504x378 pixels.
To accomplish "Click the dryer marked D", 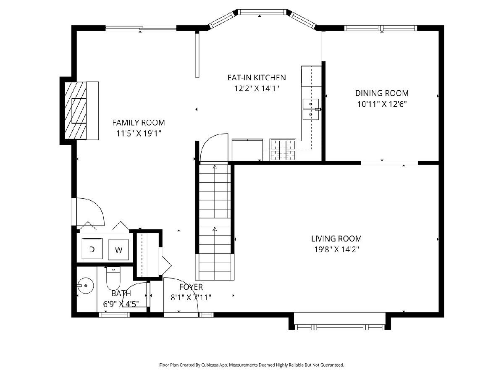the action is (x=92, y=249).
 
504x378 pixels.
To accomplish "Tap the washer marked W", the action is (x=118, y=249).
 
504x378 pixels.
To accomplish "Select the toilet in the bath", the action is (x=113, y=278).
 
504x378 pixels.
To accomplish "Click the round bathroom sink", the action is (x=85, y=286).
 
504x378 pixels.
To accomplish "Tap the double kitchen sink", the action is (x=311, y=109).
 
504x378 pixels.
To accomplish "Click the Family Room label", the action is (x=139, y=123).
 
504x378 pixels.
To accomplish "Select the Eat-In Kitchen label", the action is (x=257, y=78).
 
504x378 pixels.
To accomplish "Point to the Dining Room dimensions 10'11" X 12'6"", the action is (x=382, y=105).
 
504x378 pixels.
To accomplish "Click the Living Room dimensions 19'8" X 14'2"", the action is (x=336, y=249).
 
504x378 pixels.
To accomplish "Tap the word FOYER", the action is (x=191, y=287).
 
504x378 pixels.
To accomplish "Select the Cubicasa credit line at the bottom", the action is (x=252, y=365).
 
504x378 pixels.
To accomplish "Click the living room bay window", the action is (x=340, y=327).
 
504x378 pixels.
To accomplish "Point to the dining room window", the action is (x=381, y=28).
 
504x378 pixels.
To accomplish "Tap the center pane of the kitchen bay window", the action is (x=262, y=12).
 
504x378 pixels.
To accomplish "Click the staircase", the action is (x=215, y=222).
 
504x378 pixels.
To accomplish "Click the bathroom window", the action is (x=114, y=315).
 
